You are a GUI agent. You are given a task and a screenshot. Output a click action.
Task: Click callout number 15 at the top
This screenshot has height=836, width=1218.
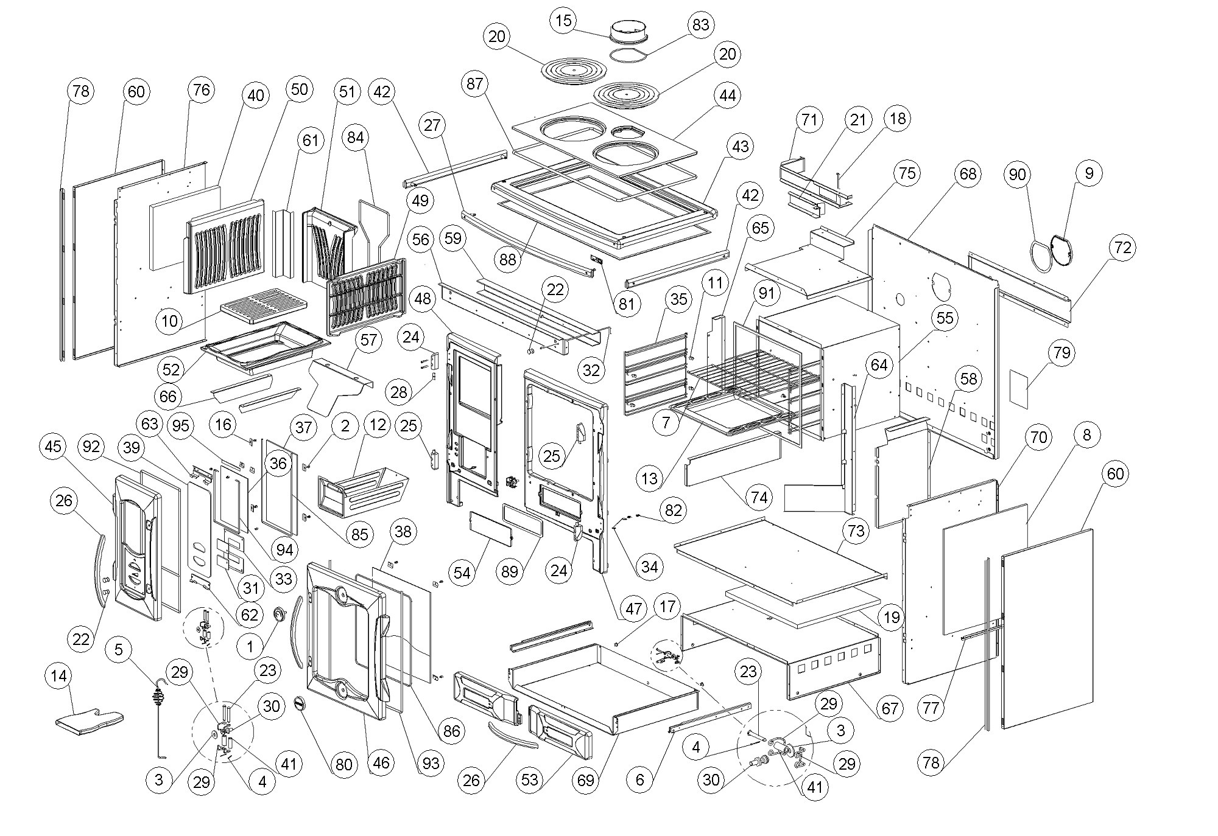(x=565, y=21)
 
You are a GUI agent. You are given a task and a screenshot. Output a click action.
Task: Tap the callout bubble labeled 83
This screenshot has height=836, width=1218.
(x=700, y=25)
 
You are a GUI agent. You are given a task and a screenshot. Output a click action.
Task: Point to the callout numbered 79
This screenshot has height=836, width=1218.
(x=1061, y=353)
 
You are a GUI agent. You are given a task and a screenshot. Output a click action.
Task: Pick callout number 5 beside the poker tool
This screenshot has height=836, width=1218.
(x=119, y=649)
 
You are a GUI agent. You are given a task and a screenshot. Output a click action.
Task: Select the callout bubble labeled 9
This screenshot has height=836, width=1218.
(x=1089, y=173)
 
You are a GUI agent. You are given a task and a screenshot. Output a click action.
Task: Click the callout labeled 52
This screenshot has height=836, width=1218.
(x=171, y=369)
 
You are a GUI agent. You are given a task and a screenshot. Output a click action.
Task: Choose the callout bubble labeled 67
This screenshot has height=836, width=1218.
(x=890, y=708)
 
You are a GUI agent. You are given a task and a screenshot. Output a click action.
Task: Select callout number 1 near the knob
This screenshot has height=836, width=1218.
(x=250, y=647)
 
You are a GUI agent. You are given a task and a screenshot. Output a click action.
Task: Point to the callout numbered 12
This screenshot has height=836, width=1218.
(x=378, y=425)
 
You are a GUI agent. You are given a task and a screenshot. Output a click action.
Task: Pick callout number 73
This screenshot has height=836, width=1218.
(x=856, y=531)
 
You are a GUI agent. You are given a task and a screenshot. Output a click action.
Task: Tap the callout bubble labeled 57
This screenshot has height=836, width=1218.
(x=368, y=340)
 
